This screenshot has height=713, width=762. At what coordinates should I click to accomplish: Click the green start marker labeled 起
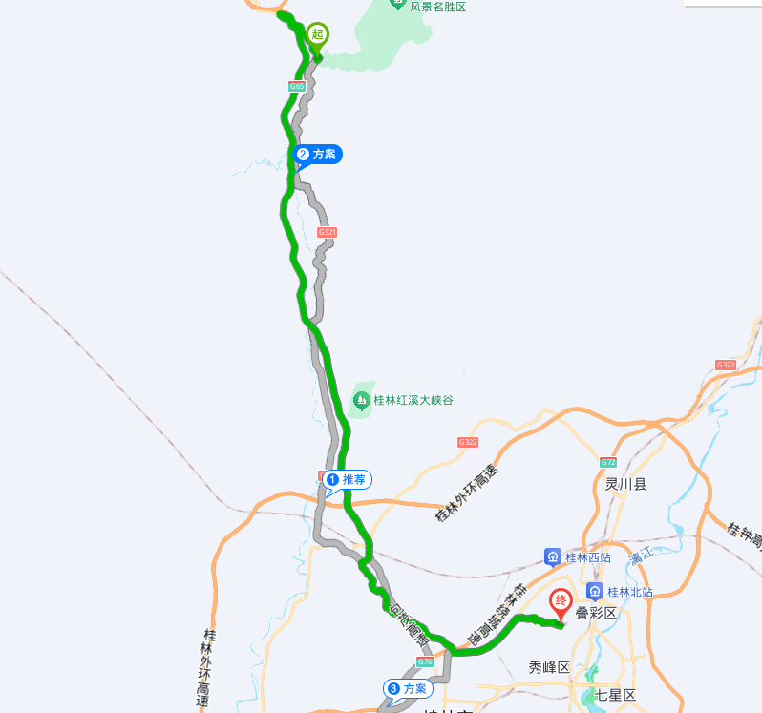point(317,35)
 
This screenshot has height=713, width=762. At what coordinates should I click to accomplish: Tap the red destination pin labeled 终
point(561,602)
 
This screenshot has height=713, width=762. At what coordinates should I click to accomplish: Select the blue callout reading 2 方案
point(318,154)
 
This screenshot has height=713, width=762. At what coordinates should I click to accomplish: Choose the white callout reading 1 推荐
point(347,479)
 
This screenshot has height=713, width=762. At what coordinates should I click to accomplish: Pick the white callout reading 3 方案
point(407,688)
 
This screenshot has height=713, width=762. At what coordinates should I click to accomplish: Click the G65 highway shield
point(297,87)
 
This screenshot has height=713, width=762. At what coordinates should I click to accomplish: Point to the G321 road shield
point(328,232)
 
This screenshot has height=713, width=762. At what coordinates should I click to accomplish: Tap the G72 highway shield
point(608,463)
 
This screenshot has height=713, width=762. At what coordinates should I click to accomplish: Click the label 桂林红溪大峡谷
point(413,400)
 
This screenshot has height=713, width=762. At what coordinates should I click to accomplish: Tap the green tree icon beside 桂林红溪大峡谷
point(362,400)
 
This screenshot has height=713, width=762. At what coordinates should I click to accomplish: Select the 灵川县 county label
point(625,484)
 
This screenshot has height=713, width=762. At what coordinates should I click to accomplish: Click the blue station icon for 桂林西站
point(552,556)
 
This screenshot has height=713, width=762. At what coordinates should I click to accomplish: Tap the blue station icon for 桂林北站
point(596,592)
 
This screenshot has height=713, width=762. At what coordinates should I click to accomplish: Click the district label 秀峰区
point(549,667)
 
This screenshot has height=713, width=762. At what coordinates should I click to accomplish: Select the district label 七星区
point(615,695)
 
